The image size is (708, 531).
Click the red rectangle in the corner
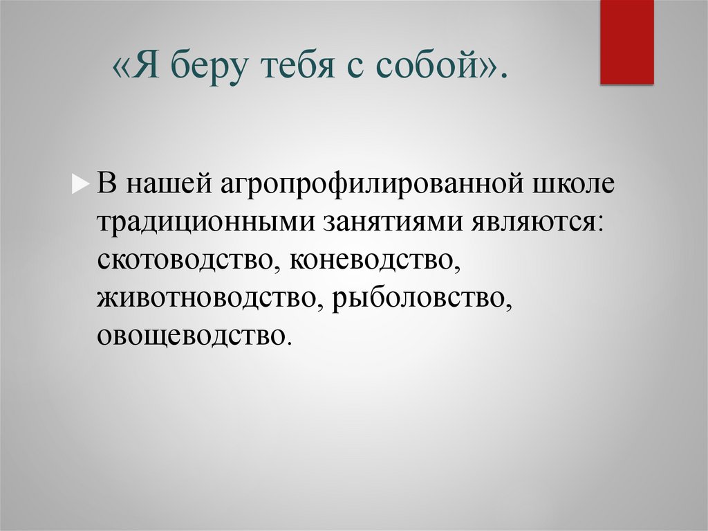(626, 42)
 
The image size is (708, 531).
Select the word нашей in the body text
(170, 186)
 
